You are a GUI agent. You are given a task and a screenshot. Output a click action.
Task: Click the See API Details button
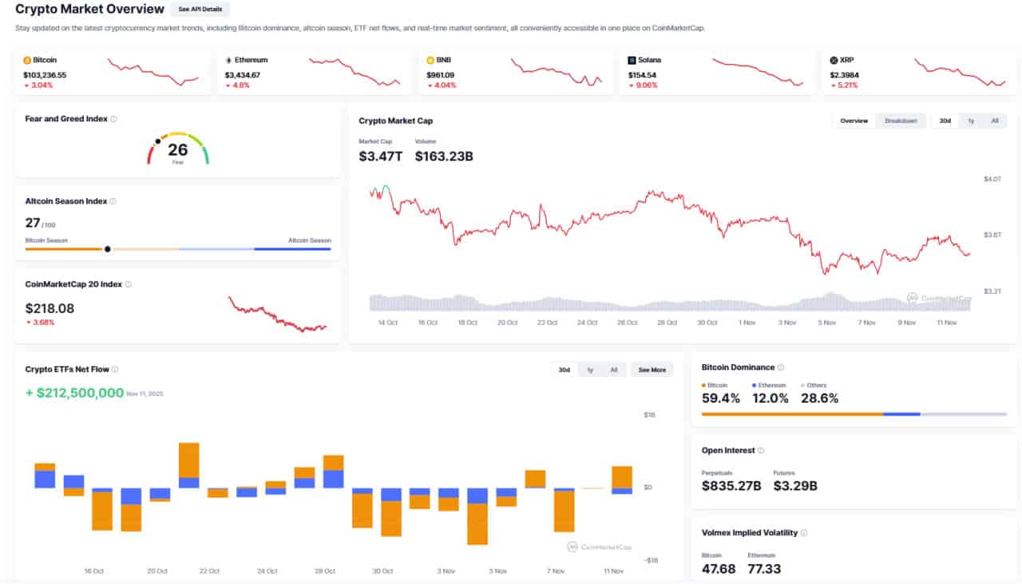[x=200, y=10]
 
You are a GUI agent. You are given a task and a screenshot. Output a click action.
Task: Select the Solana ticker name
[x=649, y=60]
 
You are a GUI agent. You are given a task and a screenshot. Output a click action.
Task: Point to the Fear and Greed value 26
[x=178, y=149]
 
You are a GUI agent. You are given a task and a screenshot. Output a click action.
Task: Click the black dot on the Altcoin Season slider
[x=108, y=248]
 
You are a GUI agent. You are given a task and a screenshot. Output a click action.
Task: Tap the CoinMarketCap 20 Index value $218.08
[x=50, y=308]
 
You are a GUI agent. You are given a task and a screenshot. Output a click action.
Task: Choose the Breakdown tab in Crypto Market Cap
[x=901, y=121]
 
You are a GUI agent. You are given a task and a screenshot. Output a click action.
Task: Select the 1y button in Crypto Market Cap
[x=971, y=121]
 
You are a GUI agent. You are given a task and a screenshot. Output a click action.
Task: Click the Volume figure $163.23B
[x=444, y=157]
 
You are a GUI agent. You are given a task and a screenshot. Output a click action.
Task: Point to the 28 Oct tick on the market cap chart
[x=667, y=323]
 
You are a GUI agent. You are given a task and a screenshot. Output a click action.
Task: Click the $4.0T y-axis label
[x=992, y=179]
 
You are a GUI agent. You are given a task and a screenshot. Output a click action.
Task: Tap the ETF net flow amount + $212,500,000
[x=74, y=393]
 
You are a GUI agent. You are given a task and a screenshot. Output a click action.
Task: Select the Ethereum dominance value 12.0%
[x=770, y=398]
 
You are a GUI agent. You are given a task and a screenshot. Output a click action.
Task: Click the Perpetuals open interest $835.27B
[x=731, y=485]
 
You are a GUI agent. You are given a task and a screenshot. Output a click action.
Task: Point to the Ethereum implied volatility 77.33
[x=764, y=569]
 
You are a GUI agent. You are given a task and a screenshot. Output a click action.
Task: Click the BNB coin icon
[x=430, y=60]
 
